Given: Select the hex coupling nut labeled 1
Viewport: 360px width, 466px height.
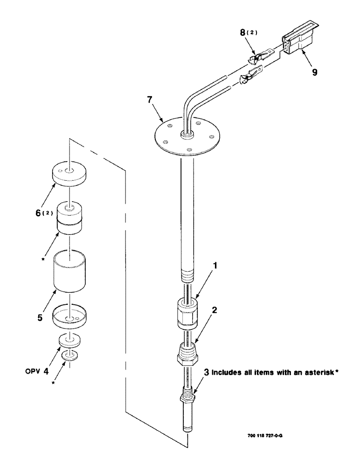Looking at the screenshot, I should click(186, 313).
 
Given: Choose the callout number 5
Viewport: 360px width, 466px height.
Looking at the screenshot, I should click(40, 318).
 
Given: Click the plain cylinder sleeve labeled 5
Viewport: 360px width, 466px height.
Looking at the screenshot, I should click(69, 270).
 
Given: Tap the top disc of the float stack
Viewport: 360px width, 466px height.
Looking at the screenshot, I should click(69, 174).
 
